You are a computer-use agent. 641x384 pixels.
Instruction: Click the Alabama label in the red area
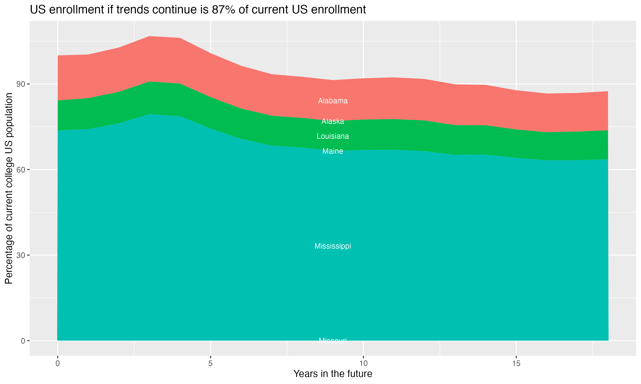tap(333, 101)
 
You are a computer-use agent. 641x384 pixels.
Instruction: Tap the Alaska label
tap(333, 121)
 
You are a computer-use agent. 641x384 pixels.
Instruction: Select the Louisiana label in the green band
tap(333, 136)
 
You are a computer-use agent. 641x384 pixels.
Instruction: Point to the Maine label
tap(333, 151)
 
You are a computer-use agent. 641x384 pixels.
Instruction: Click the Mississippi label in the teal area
tap(333, 246)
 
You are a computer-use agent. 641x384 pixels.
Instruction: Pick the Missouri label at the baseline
tap(333, 341)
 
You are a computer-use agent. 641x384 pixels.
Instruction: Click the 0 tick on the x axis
tap(57, 364)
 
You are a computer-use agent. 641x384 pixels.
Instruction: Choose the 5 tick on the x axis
tap(210, 364)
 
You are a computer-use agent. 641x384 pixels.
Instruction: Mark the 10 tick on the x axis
tap(363, 364)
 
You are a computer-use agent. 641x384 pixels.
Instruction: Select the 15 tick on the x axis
tap(516, 364)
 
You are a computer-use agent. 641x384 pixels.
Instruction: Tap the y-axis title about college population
tap(9, 188)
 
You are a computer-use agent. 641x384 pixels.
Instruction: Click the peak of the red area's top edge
tap(150, 36)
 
